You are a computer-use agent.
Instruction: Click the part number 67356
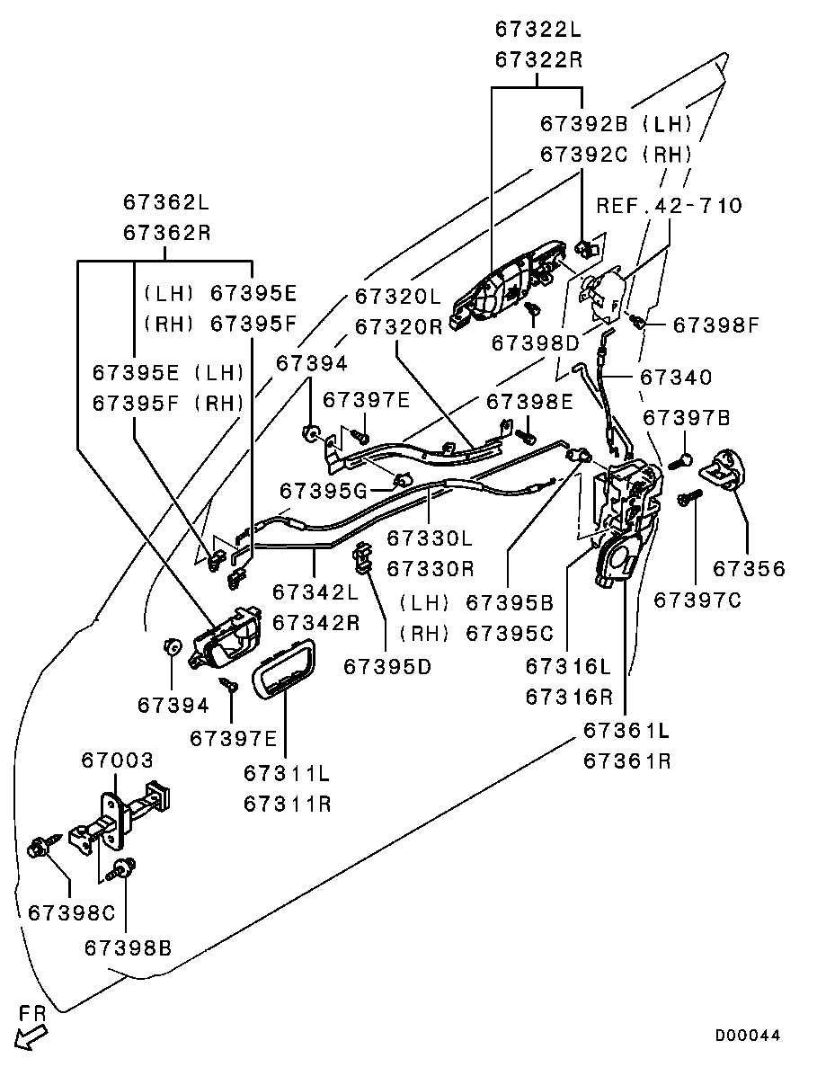(x=749, y=568)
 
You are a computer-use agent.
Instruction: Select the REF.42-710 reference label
(x=670, y=206)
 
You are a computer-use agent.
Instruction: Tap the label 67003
(x=117, y=760)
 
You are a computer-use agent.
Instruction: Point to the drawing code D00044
(x=748, y=1036)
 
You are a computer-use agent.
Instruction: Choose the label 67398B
(x=128, y=947)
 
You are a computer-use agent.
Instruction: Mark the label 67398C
(x=72, y=912)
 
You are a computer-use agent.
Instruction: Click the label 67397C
(x=697, y=599)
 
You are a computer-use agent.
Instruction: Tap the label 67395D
(x=387, y=665)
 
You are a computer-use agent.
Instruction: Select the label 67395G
(x=324, y=490)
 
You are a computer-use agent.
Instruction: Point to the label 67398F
(x=715, y=324)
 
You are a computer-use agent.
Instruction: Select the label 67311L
(x=287, y=773)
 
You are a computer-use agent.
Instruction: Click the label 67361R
(x=627, y=760)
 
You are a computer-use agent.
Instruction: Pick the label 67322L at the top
(x=538, y=29)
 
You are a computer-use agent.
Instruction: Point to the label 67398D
(x=536, y=343)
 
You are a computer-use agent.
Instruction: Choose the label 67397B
(x=687, y=418)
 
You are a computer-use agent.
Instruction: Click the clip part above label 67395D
(x=363, y=557)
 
